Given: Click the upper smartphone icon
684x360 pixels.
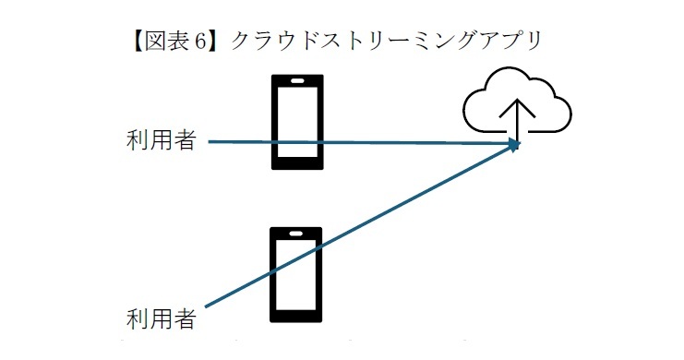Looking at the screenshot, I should coord(296,121).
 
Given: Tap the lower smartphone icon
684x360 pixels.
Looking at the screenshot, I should coord(295,274).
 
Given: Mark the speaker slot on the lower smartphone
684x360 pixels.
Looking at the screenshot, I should coord(296,234).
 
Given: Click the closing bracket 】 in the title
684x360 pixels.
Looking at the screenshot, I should coord(218,42).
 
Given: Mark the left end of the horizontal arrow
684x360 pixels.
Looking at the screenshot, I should coord(211,142).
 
